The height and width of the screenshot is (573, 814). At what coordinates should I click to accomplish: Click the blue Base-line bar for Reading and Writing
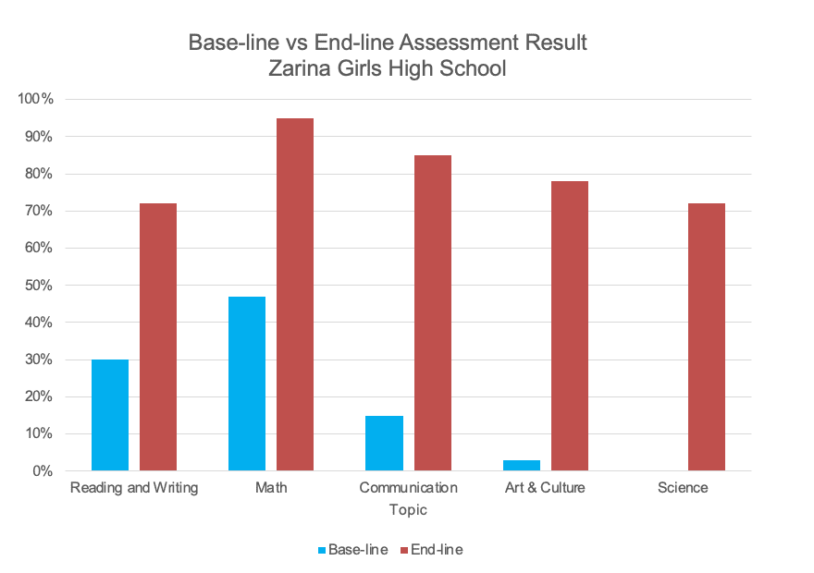(x=110, y=415)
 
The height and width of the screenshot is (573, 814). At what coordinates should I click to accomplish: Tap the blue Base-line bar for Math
(x=247, y=384)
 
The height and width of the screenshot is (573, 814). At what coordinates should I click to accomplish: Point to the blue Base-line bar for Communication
(x=384, y=443)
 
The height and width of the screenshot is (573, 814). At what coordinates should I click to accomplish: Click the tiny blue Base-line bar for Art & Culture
(x=521, y=465)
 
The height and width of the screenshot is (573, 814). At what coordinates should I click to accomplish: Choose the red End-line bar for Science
(x=706, y=336)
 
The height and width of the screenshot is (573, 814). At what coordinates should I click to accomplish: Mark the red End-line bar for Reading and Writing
(x=158, y=336)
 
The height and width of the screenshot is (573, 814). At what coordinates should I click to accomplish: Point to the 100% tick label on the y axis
(x=36, y=99)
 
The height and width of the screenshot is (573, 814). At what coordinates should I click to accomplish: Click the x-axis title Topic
(x=408, y=509)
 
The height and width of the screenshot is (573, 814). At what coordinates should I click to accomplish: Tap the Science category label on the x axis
(x=683, y=487)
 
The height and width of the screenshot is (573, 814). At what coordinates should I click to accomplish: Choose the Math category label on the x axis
(x=271, y=487)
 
